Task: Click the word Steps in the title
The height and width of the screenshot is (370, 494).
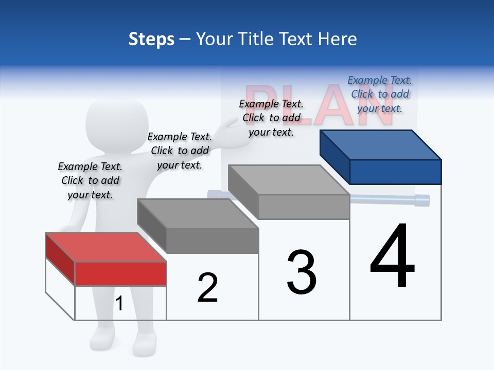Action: click(x=151, y=39)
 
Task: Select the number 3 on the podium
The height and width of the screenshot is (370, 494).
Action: click(x=302, y=272)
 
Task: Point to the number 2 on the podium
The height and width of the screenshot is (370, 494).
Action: click(x=207, y=288)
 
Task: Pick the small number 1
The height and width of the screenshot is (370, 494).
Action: click(x=119, y=304)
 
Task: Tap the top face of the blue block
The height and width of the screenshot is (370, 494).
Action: click(x=381, y=144)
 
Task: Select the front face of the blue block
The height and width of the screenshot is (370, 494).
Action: click(x=395, y=172)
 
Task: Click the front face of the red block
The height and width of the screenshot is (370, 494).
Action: click(x=120, y=273)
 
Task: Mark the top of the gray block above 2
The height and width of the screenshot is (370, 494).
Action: click(x=198, y=213)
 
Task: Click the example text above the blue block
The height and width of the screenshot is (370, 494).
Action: click(x=380, y=94)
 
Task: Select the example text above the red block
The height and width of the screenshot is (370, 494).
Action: click(x=90, y=180)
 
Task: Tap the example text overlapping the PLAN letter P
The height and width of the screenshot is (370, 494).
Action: click(x=271, y=118)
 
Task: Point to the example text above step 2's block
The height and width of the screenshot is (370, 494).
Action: click(x=180, y=151)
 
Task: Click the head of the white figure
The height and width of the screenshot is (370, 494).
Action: click(x=116, y=123)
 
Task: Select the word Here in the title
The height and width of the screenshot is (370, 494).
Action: click(x=337, y=39)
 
